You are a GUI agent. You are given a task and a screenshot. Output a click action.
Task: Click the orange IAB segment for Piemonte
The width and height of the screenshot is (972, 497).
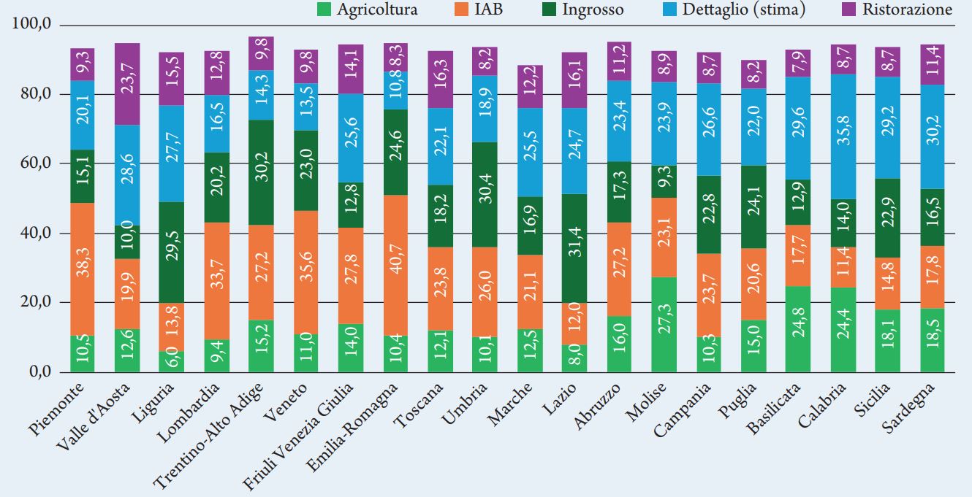coord(82,269)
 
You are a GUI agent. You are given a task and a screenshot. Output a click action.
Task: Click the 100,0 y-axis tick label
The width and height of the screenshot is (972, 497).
coord(31,25)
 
